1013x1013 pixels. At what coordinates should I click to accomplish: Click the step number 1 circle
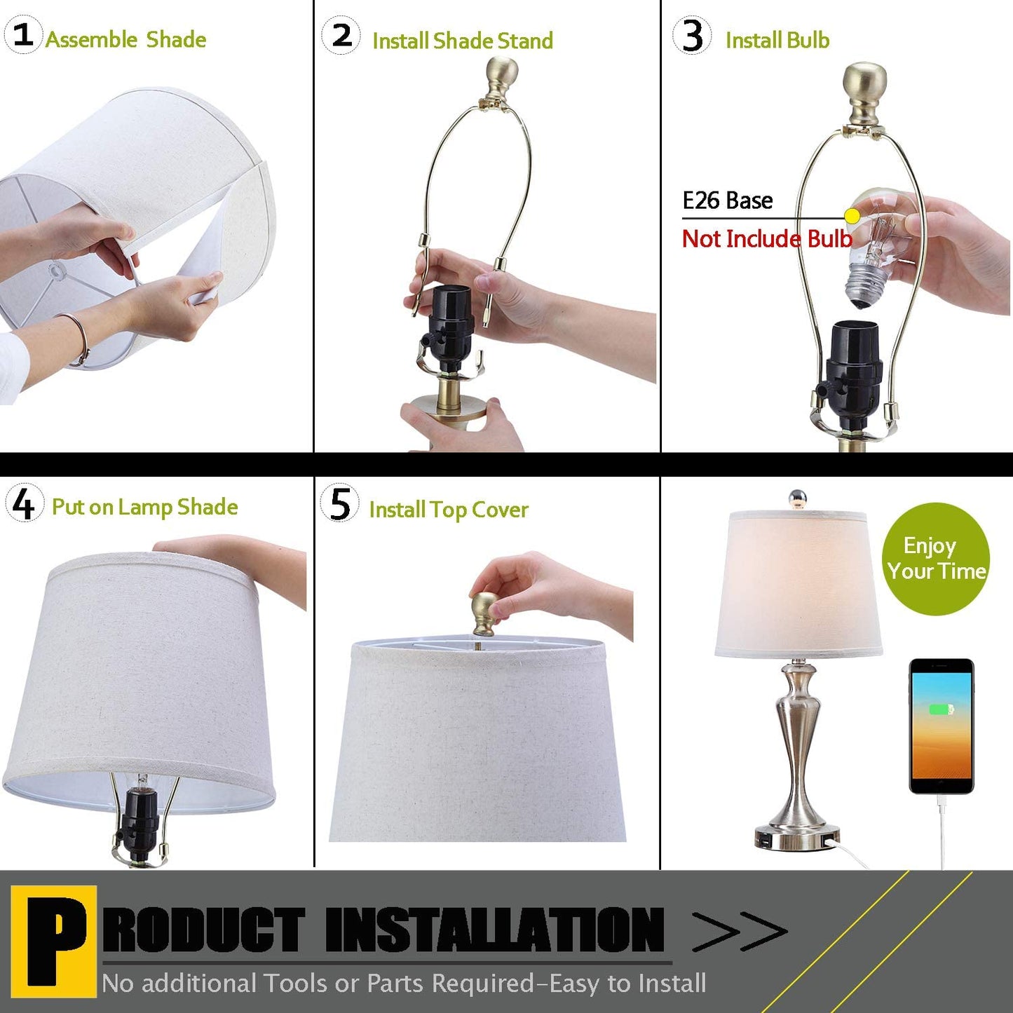[23, 34]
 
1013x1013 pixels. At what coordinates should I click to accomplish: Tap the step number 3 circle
[692, 36]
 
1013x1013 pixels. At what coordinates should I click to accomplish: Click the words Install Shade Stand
[462, 41]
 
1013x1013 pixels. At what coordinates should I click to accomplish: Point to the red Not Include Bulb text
[767, 239]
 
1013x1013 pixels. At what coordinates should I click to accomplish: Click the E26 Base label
[727, 201]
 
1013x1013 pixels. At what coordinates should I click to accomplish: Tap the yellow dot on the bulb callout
[852, 216]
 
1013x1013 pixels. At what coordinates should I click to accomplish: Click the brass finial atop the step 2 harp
[501, 78]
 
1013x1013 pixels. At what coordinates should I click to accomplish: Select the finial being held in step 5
[484, 612]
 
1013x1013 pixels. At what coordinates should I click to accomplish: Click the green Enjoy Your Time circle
[936, 559]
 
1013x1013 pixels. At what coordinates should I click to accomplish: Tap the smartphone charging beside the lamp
[941, 726]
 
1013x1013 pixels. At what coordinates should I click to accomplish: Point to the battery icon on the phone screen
[941, 709]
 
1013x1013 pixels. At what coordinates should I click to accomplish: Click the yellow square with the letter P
[54, 940]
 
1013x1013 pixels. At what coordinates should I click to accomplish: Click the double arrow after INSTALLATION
[740, 932]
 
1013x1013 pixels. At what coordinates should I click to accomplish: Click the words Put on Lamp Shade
[144, 507]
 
